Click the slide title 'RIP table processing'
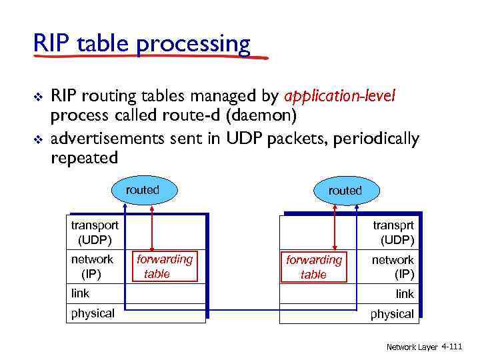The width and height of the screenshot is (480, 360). (x=142, y=44)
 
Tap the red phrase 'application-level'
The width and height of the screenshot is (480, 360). (x=340, y=97)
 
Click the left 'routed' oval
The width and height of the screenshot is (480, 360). (x=143, y=190)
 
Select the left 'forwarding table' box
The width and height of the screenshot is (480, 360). (x=165, y=266)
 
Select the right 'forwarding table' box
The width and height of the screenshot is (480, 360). (x=313, y=267)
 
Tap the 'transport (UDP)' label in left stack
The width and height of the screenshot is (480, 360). (x=95, y=232)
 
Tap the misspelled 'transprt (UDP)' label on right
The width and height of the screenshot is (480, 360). (x=393, y=232)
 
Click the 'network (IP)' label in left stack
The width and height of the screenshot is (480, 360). (x=92, y=266)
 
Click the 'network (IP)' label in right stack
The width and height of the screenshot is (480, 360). (x=393, y=267)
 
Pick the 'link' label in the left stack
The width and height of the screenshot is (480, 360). (x=80, y=293)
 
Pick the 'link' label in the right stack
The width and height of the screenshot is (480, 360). (x=404, y=294)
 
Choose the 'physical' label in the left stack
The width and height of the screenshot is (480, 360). (x=93, y=313)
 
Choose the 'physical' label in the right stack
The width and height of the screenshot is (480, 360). (x=392, y=314)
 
